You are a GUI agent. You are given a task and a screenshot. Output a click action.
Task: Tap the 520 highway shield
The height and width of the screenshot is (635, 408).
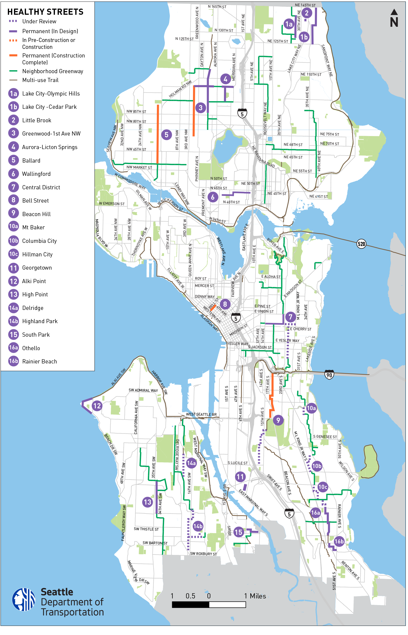[361, 244]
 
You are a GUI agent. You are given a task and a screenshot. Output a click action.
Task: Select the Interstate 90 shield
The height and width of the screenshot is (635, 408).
[329, 374]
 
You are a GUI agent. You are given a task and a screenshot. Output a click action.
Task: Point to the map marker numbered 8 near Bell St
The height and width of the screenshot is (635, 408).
[225, 304]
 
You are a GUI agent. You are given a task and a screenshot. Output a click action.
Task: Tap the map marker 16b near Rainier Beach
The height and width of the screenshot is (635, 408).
[339, 541]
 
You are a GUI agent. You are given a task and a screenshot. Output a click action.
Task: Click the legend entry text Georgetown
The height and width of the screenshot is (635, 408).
[37, 268]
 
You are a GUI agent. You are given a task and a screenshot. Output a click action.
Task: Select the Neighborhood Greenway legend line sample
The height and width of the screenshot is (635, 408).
[13, 71]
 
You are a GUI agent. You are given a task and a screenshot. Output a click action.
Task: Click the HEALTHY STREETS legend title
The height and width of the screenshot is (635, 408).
[45, 12]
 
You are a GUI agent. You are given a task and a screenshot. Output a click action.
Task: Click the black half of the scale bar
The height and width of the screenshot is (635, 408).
[190, 605]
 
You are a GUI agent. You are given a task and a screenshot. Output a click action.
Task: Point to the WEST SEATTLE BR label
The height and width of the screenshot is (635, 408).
[201, 414]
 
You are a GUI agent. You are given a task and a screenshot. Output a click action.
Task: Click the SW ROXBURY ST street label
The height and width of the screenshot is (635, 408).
[203, 554]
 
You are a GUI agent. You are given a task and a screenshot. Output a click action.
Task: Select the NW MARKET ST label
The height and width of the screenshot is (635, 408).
[139, 167]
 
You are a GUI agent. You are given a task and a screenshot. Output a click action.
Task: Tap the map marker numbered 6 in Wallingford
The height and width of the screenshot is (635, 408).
[213, 197]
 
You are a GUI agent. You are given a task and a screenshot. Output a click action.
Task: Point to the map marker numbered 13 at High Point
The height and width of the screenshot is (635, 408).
[147, 502]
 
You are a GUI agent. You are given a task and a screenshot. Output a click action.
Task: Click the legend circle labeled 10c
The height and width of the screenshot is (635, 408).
[13, 254]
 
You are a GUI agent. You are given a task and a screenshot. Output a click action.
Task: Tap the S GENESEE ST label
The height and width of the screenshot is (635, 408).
[325, 437]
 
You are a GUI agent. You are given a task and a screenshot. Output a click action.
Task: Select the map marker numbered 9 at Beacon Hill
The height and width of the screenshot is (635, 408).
[278, 420]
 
